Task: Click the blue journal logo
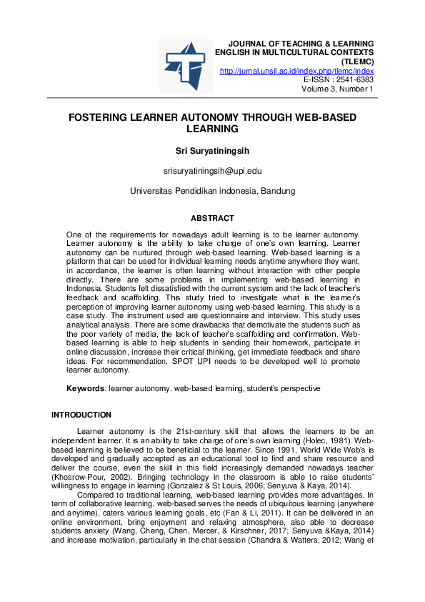coord(185,65)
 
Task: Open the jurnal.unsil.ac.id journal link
coord(296,71)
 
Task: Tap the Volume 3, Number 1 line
coord(338,89)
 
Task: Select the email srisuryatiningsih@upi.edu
coord(212,172)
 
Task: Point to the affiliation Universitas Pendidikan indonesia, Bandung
coord(212,192)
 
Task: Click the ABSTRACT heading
coord(212,218)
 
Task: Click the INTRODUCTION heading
coord(81,415)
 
